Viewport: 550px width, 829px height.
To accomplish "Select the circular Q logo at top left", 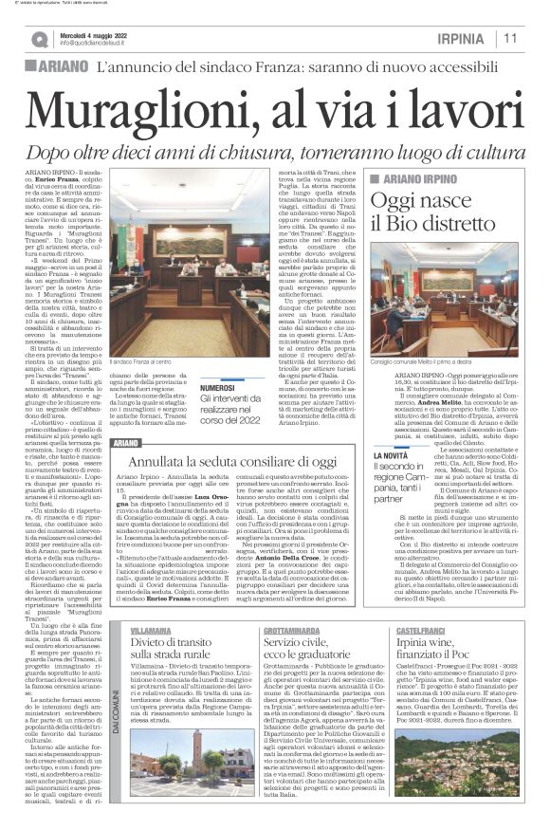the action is click(39, 38).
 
